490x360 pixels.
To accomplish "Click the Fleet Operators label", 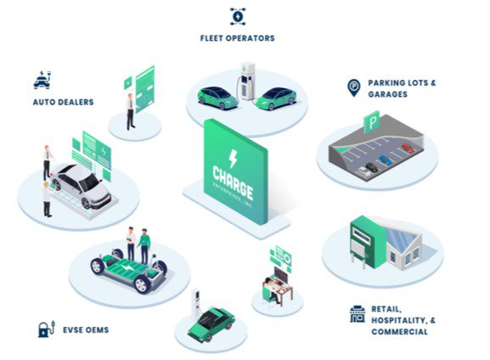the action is click(x=238, y=38).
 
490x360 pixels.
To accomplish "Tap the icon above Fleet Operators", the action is click(x=238, y=16).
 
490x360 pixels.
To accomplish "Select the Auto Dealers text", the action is click(x=63, y=102).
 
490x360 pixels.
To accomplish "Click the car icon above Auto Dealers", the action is click(x=42, y=80).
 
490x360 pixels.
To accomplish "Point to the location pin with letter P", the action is click(x=354, y=87).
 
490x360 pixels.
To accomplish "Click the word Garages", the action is click(x=388, y=94).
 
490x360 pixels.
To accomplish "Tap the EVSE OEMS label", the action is click(x=86, y=329).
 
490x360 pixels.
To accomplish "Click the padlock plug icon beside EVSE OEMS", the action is click(x=46, y=329).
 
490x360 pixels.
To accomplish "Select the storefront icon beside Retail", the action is click(x=358, y=314).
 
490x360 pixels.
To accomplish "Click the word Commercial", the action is click(x=399, y=332).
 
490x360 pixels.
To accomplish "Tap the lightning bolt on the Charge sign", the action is click(x=233, y=159).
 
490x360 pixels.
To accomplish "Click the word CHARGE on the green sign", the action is click(x=233, y=183).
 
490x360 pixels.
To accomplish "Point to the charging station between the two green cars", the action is click(x=247, y=82).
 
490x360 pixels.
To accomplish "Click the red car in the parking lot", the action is click(x=408, y=148).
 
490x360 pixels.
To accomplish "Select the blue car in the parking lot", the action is click(x=385, y=160).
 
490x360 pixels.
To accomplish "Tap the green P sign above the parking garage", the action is click(x=372, y=122).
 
